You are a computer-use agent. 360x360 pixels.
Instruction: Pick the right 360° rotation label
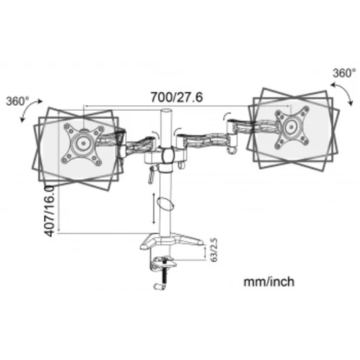pyautogui.click(x=343, y=73)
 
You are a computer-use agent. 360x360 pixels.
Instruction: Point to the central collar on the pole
pyautogui.click(x=167, y=156)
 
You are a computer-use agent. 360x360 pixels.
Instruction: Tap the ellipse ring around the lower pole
pyautogui.click(x=166, y=203)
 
